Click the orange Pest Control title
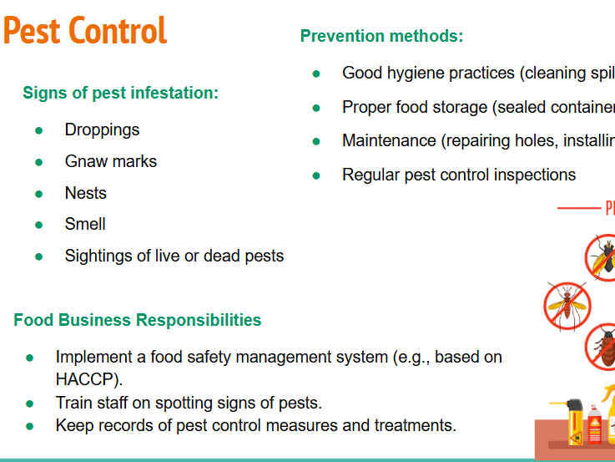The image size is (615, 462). click(x=85, y=31)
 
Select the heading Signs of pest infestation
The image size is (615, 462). click(x=120, y=93)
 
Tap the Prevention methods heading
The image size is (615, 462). click(x=381, y=36)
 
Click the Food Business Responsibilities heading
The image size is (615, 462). click(x=137, y=320)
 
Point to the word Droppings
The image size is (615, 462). click(x=102, y=129)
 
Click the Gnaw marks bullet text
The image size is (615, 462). click(x=110, y=161)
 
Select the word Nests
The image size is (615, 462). click(x=86, y=193)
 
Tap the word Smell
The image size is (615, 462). click(x=85, y=224)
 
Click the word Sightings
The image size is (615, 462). click(x=99, y=256)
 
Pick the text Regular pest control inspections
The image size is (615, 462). click(x=459, y=175)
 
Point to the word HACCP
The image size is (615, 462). click(x=88, y=378)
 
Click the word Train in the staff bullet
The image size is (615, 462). click(x=73, y=403)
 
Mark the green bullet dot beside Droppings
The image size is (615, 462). click(x=38, y=130)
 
